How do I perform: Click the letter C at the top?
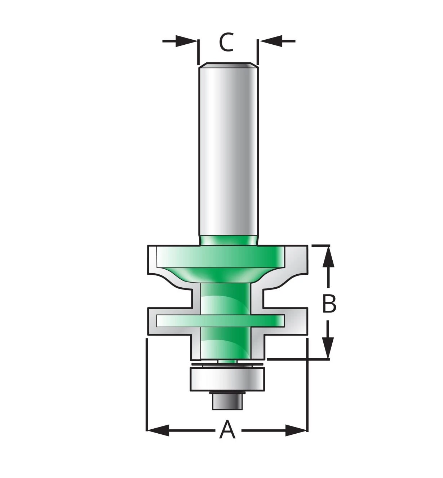[x=226, y=43]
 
